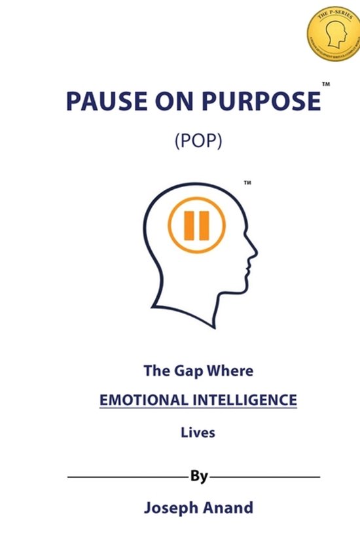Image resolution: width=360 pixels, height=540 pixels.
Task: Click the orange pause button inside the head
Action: [196, 226]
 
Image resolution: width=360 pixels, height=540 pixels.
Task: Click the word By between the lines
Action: [199, 476]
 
